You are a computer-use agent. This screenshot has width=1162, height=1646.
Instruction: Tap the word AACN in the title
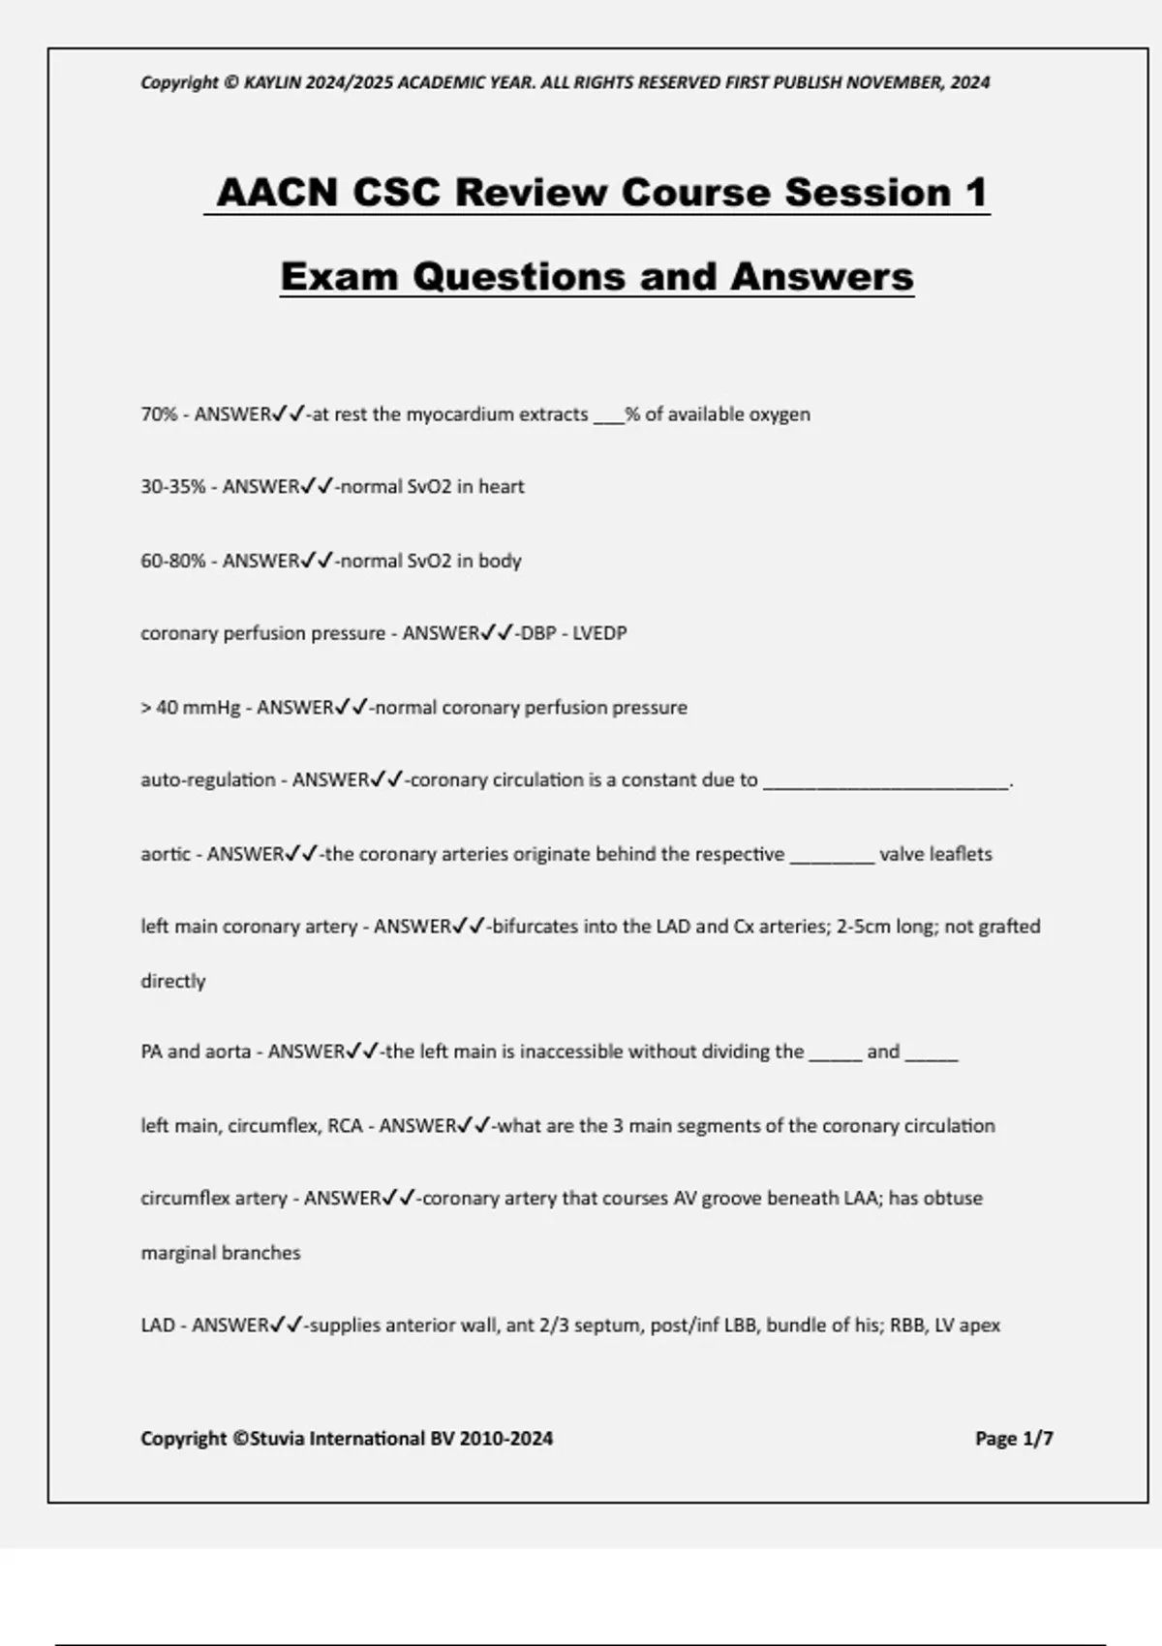[x=277, y=192]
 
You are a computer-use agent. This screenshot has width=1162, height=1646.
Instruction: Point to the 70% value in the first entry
[x=159, y=414]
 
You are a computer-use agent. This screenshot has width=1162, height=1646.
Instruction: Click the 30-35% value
[x=173, y=487]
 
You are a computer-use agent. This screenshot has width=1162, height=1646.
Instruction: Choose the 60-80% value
[x=173, y=561]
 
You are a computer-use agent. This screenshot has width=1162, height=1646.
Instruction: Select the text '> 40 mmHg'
[x=190, y=708]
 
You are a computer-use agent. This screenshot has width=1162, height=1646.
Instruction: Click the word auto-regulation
[x=208, y=780]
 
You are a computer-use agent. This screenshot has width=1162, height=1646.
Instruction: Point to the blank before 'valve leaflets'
[x=832, y=856]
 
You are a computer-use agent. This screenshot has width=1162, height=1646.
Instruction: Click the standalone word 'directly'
[x=173, y=981]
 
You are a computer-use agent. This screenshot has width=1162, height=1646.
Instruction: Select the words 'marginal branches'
[x=221, y=1253]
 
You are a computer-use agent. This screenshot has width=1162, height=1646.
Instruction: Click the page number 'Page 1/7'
[x=1014, y=1439]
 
